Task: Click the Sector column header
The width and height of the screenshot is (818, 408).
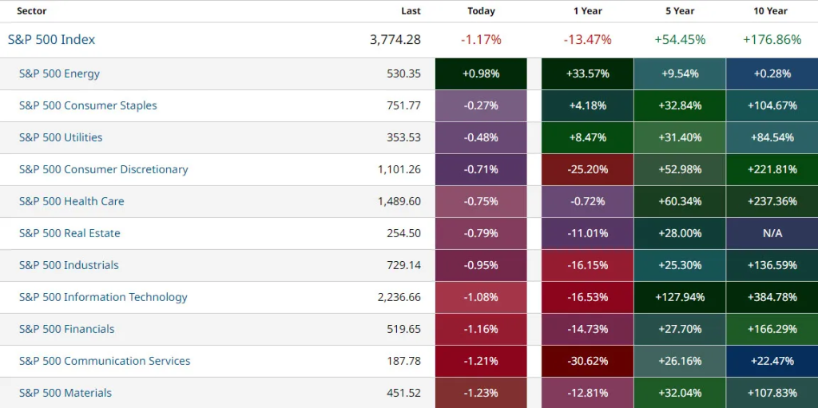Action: click(x=32, y=11)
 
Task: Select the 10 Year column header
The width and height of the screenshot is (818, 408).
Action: click(x=771, y=11)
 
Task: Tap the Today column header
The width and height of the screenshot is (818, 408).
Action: click(x=481, y=11)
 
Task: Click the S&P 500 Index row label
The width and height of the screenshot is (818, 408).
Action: click(x=52, y=39)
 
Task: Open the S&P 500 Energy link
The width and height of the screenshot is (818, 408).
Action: click(x=60, y=73)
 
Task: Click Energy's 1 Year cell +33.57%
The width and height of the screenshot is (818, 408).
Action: click(x=587, y=73)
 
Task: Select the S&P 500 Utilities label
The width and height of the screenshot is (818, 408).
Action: click(x=61, y=137)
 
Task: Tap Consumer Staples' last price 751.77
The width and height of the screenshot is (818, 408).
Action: click(x=403, y=105)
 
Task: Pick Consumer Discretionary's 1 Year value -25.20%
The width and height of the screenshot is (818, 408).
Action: click(x=587, y=169)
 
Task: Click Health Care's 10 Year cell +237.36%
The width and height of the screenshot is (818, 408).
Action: click(x=772, y=201)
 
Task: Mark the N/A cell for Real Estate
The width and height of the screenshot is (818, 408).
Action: click(x=772, y=233)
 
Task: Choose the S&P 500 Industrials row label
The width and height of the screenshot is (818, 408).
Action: click(x=69, y=265)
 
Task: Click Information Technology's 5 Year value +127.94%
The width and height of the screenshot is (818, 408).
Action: click(x=679, y=297)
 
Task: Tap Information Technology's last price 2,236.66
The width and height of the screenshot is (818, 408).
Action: click(x=399, y=297)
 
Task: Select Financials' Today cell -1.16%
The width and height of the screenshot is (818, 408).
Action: click(x=481, y=329)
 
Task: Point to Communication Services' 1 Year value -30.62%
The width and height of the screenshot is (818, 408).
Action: click(x=587, y=361)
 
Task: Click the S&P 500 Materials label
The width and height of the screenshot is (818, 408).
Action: click(x=66, y=393)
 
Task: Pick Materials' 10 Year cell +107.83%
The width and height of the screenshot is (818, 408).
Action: click(x=772, y=393)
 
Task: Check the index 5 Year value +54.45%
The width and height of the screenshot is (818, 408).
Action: click(x=680, y=40)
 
